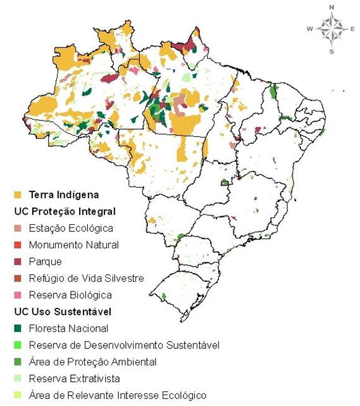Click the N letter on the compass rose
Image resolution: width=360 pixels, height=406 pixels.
tap(331, 7)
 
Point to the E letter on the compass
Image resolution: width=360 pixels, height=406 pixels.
tap(352, 29)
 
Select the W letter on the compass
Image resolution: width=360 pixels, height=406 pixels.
tap(310, 29)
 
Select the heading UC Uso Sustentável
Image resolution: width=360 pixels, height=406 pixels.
tap(62, 312)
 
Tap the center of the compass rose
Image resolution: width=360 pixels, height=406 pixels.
tap(331, 29)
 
